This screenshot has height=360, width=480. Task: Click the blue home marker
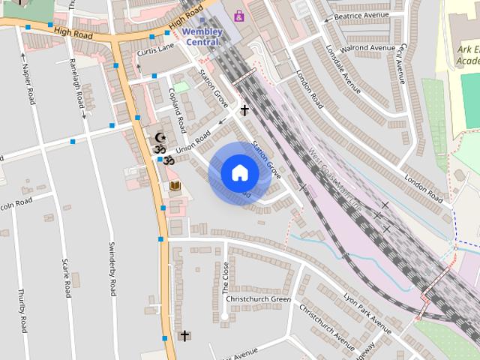239,173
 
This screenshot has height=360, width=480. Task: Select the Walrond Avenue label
368,49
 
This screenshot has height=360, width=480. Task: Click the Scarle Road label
65,277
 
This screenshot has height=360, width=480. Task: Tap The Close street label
225,278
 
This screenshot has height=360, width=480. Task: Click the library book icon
175,185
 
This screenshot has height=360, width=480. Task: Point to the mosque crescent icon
159,139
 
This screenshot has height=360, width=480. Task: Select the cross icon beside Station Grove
244,110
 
